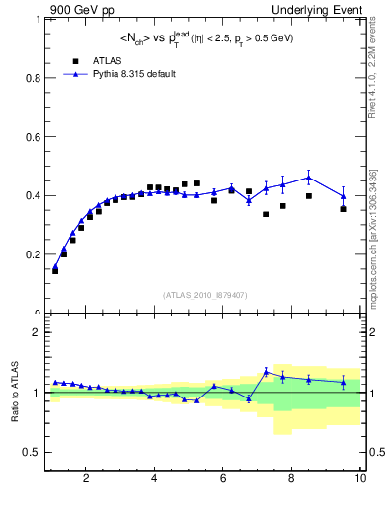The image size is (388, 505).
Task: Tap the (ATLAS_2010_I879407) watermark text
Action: coord(204,294)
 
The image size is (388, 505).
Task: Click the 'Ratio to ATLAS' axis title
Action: coord(13,393)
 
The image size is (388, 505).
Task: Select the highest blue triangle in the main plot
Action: coord(309,178)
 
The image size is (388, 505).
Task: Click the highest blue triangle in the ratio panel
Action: coord(266,371)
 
